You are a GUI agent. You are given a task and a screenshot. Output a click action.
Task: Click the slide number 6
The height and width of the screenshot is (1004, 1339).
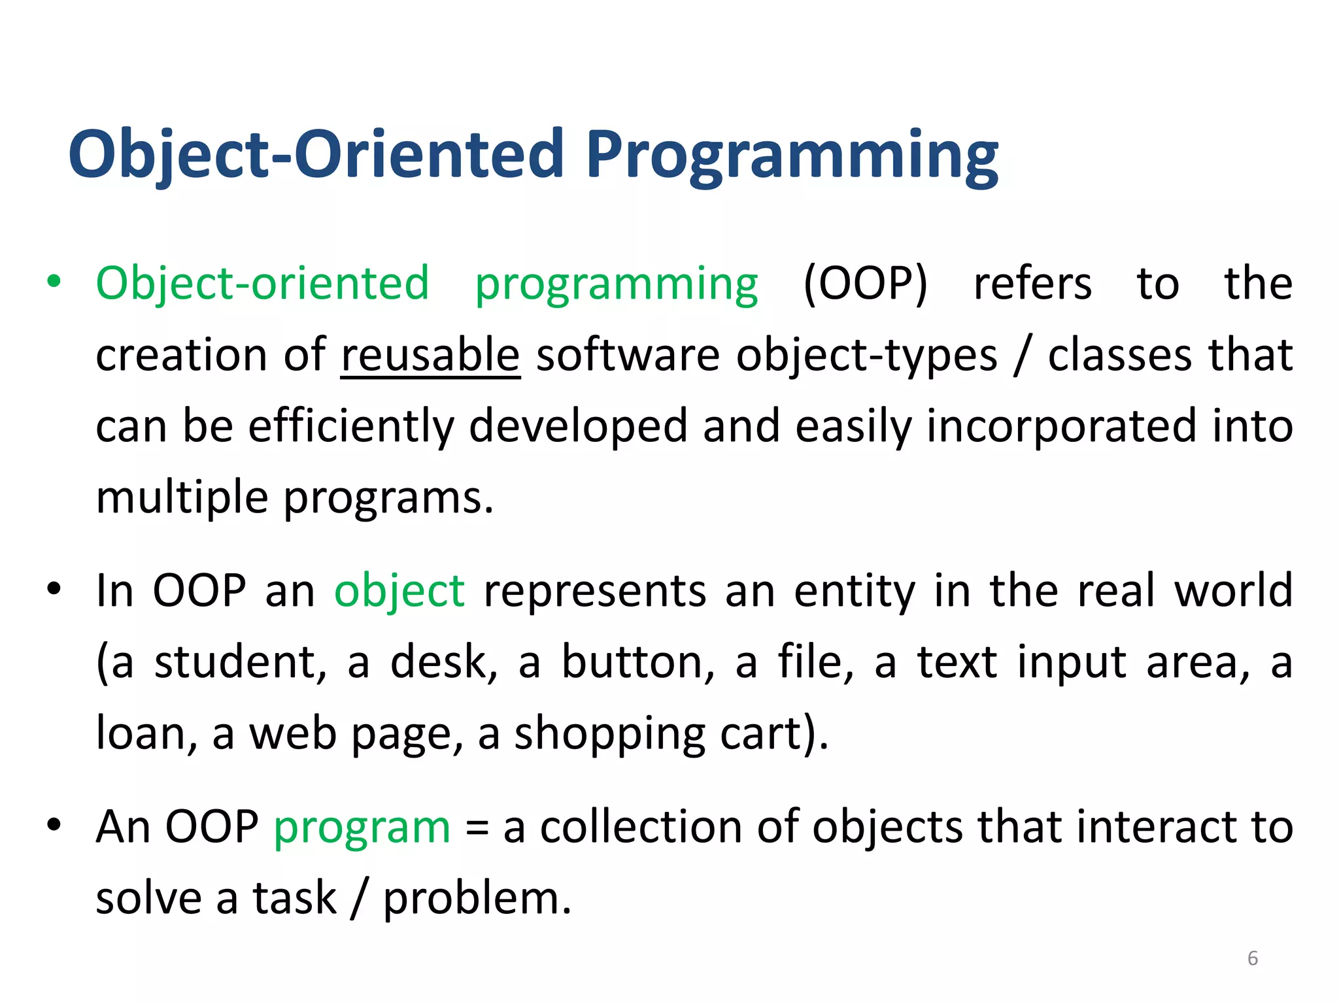click(1252, 958)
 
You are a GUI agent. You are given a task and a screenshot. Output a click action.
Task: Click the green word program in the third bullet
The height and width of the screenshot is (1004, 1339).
click(362, 828)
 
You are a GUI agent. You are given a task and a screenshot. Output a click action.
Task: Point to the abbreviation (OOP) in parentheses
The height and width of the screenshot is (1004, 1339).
click(864, 284)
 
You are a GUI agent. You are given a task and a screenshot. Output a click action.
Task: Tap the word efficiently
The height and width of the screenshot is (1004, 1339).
click(350, 426)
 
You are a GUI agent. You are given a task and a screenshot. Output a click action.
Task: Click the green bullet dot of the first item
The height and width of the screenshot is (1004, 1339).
click(54, 282)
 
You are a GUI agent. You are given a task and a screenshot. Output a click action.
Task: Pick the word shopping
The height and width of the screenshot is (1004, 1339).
click(609, 734)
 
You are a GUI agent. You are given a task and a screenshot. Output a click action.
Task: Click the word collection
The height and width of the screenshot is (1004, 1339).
click(640, 827)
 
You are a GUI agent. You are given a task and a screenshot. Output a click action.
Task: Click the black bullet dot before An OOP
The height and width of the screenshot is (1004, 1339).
click(54, 826)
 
